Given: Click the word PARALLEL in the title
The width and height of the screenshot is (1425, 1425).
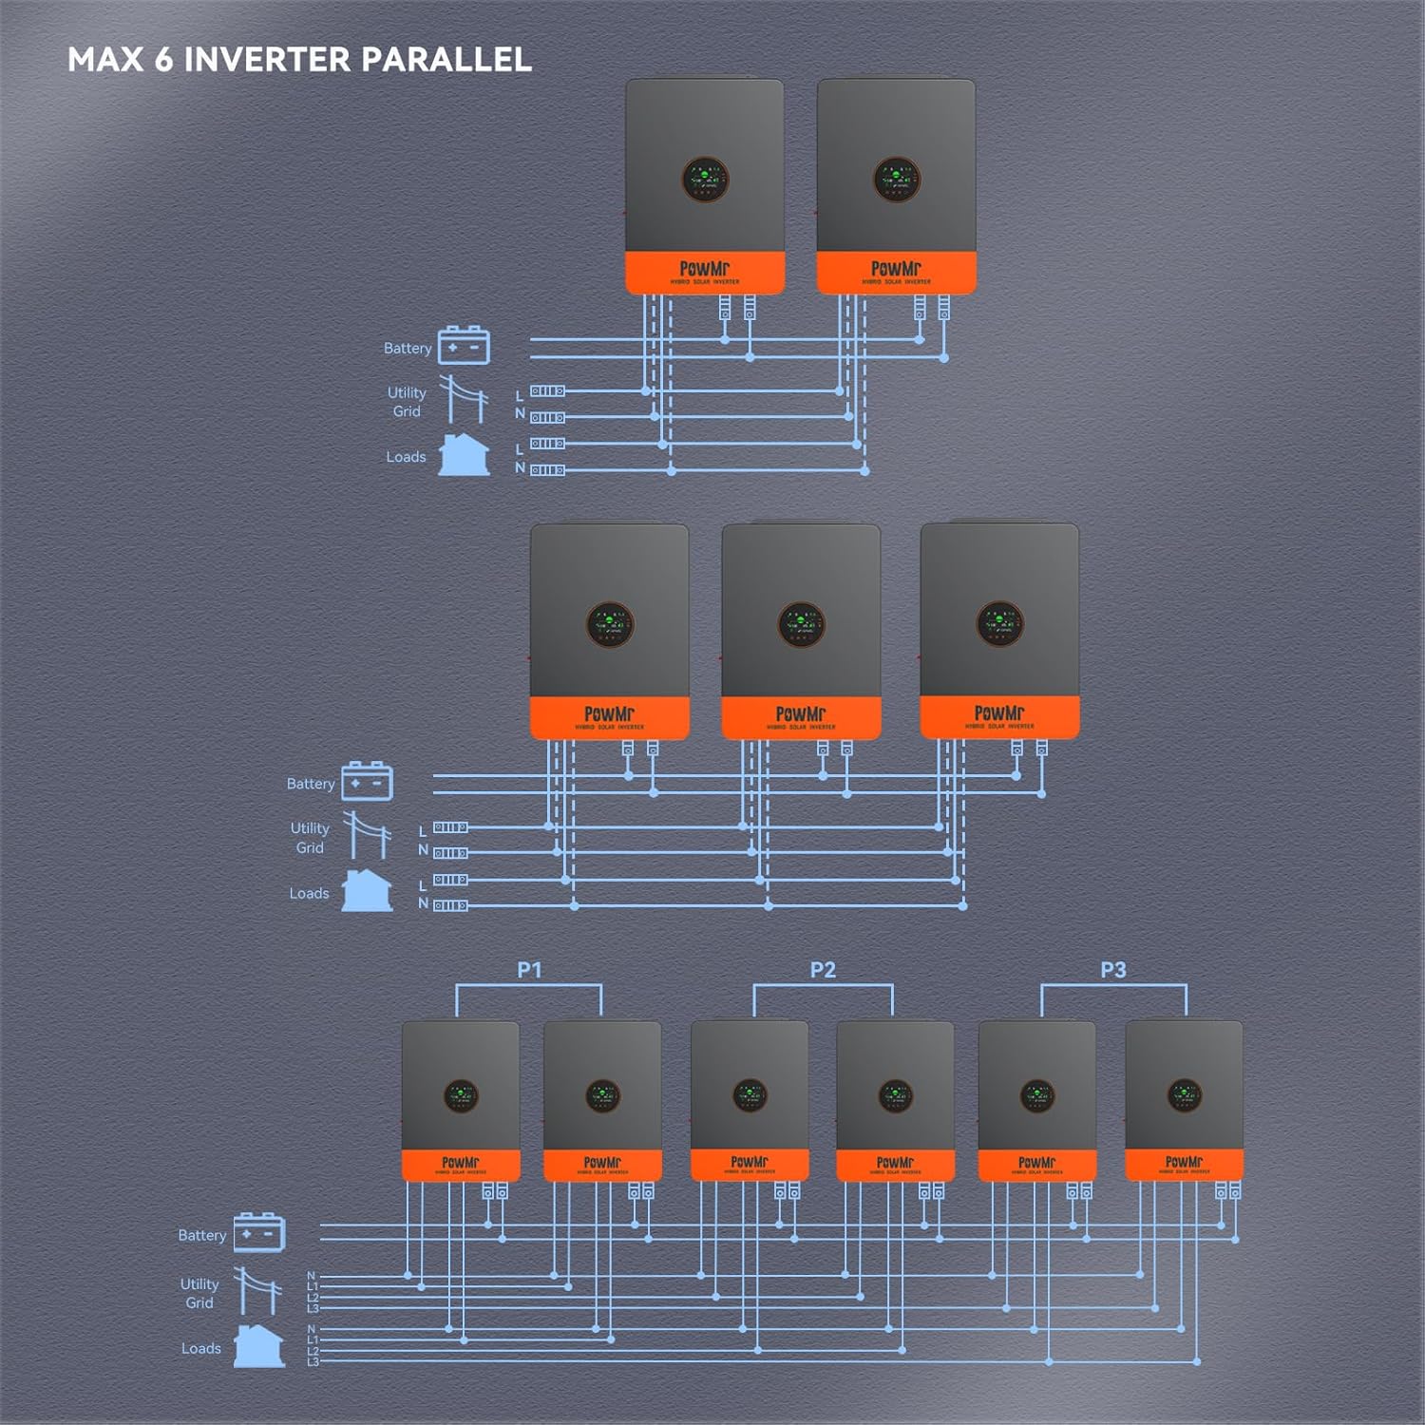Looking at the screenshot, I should point(446,60).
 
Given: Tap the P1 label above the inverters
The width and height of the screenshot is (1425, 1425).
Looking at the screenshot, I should point(529,970).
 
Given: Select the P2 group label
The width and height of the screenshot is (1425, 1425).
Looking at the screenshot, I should point(823,970).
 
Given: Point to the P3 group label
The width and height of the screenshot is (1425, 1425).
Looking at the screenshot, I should point(1113,970).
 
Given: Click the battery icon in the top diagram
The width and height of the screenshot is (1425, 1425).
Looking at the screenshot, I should point(464,346).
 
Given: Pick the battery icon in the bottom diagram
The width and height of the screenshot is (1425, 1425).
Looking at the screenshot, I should point(258,1232).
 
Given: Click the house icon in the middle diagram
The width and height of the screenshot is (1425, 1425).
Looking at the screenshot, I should point(367,891).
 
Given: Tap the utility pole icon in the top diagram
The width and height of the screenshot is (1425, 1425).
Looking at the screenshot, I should point(464,399).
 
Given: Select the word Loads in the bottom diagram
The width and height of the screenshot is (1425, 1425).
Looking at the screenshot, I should point(201,1348).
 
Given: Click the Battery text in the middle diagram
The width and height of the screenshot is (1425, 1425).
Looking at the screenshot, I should point(311,784).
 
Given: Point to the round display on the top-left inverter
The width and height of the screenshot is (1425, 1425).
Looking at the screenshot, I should point(705,180).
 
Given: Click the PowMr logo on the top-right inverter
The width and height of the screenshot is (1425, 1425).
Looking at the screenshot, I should point(896,269).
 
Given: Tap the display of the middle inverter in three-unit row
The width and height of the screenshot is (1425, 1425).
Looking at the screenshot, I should point(801,624).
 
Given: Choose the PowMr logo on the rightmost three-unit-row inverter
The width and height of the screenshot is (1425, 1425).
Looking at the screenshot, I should point(999,712).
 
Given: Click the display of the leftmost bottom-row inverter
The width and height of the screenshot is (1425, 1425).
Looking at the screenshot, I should point(461,1095).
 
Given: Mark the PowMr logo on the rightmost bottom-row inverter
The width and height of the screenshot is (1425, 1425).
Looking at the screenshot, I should point(1184,1162).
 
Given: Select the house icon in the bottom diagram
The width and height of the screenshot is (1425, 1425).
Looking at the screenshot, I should point(258,1346).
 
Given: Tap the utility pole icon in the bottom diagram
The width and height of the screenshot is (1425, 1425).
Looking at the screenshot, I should point(257,1291).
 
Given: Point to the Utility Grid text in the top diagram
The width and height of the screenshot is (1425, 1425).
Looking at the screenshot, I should point(407,402).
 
